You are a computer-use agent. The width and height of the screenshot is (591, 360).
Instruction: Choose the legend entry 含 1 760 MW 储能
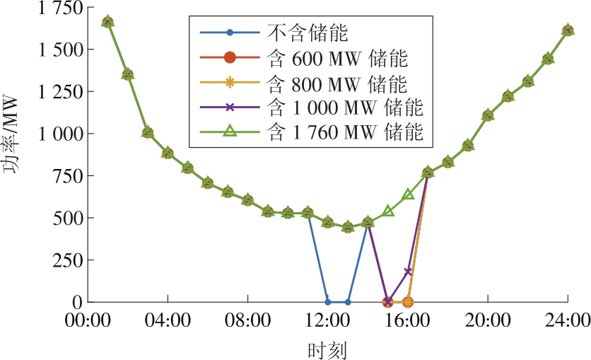click(x=346, y=132)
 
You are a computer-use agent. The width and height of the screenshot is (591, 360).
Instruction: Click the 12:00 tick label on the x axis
click(x=327, y=320)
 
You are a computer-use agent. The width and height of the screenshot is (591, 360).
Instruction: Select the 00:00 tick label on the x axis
click(x=88, y=320)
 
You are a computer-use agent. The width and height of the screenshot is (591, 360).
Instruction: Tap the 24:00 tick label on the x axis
click(x=568, y=320)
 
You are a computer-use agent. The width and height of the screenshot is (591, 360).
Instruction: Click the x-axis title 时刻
click(x=327, y=349)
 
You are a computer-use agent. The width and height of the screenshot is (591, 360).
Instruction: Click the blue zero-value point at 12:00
click(x=327, y=301)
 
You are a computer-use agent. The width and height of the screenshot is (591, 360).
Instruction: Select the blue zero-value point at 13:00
click(x=347, y=301)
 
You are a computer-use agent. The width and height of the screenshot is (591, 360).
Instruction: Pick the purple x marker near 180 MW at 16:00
click(x=408, y=272)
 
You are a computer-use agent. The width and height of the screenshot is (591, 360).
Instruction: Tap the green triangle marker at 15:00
click(x=387, y=211)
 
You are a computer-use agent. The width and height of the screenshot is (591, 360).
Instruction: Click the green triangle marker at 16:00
click(x=408, y=194)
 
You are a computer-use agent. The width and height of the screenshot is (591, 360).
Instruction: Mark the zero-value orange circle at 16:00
click(x=408, y=301)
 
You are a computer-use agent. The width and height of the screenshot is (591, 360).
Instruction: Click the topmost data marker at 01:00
click(x=107, y=22)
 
